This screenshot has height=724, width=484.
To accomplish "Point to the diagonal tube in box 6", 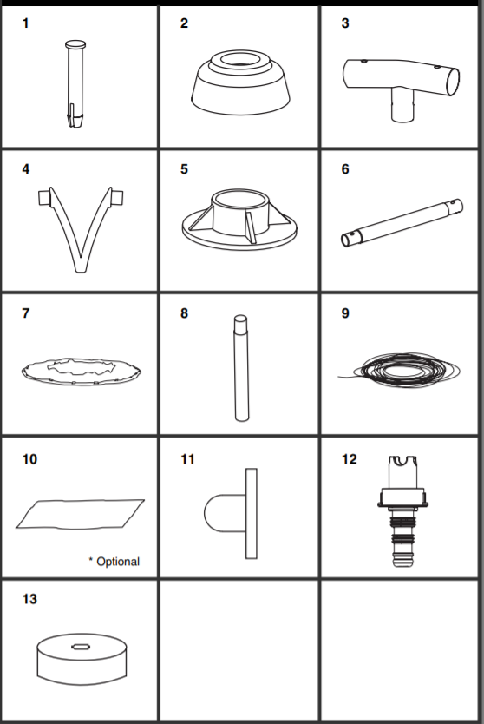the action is [x=402, y=222].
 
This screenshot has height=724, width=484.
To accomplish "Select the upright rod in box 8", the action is [x=241, y=368].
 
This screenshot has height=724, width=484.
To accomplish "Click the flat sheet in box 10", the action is [x=81, y=514].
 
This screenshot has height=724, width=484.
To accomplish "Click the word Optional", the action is [x=118, y=562].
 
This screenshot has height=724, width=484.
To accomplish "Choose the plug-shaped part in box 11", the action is [x=232, y=513].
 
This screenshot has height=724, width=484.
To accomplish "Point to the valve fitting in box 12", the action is [x=402, y=511].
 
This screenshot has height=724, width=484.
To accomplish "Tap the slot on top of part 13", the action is [x=81, y=647].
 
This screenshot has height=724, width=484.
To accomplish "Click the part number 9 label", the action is [x=345, y=313].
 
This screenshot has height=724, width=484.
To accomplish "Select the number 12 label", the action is [x=350, y=459].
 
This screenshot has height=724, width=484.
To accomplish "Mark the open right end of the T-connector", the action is [x=453, y=82].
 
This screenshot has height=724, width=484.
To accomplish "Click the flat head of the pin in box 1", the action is [x=75, y=45].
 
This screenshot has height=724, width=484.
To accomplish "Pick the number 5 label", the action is [x=184, y=169].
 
